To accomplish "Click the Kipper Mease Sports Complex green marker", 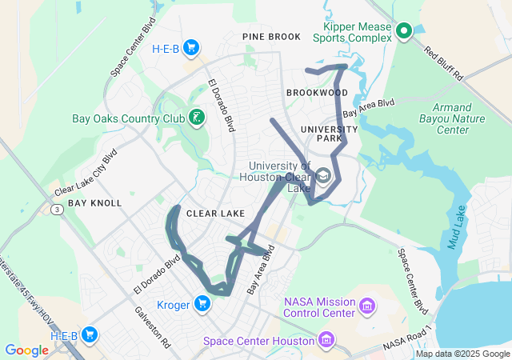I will click(404, 31).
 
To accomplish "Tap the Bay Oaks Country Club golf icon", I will click(196, 118).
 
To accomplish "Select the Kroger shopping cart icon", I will click(202, 302).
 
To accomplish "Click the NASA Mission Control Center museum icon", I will click(367, 305).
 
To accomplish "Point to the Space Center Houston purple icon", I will click(326, 342).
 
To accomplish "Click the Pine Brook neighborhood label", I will click(272, 37).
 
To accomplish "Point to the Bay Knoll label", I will click(94, 203).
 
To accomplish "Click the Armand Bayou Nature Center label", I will click(459, 118).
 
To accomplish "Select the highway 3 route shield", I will click(58, 210).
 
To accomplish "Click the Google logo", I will click(26, 350).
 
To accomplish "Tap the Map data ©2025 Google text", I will click(462, 354).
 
